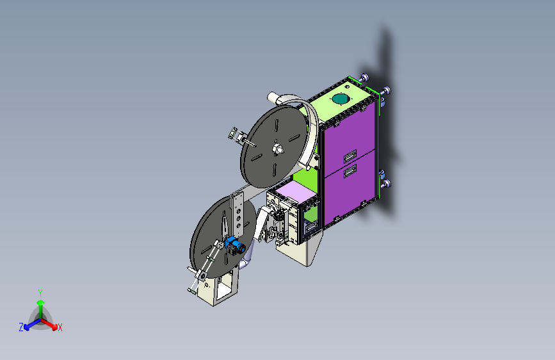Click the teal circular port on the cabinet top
pos(340,99)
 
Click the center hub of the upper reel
pos(277,149)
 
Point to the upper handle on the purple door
pos(350,156)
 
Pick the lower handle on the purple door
pos(350,171)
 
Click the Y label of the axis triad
pos(40,293)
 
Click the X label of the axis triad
pos(60,327)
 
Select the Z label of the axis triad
pos(21,327)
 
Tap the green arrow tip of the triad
pos(41,303)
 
